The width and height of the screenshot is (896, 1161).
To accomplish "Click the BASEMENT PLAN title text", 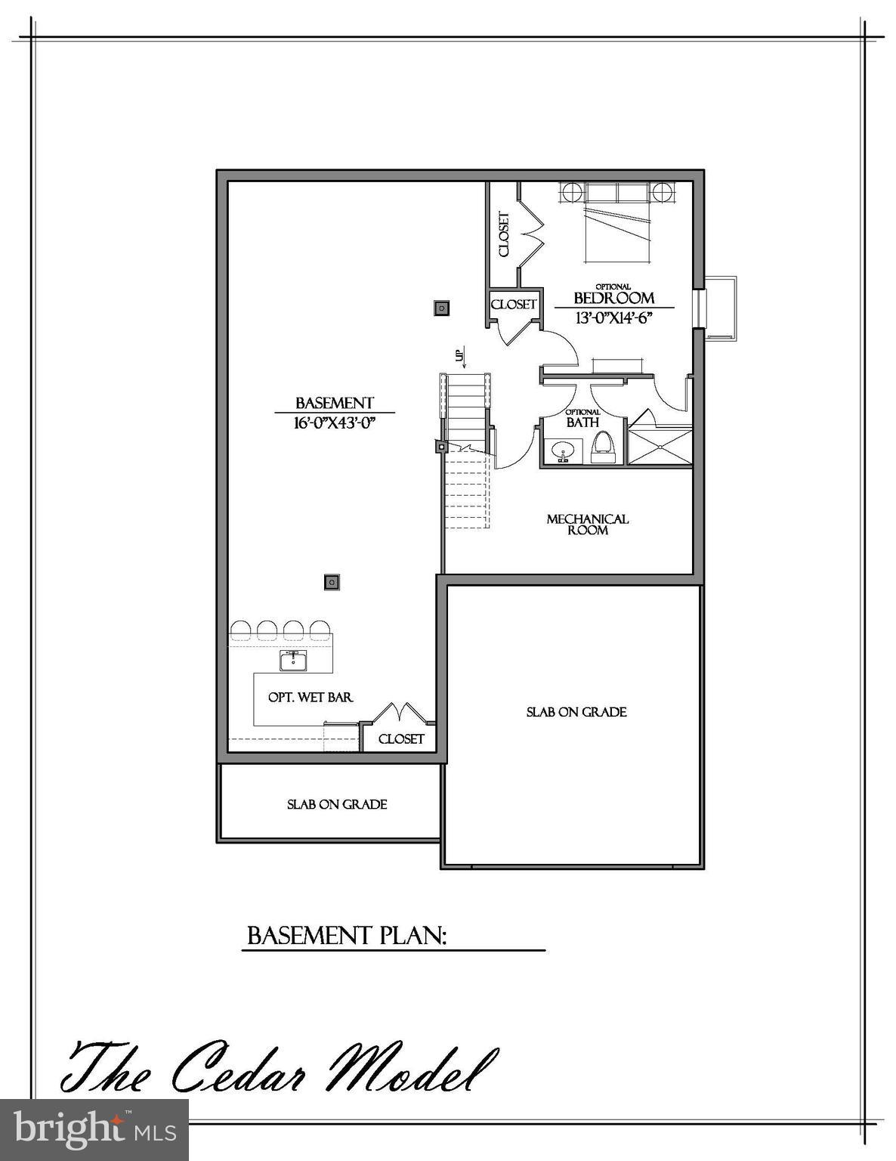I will (347, 936).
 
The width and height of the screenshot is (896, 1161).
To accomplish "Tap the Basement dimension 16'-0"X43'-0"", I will (335, 423).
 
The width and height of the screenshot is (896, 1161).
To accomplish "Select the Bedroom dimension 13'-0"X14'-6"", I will (613, 318).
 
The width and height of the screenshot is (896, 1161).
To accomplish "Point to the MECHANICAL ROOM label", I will (588, 525).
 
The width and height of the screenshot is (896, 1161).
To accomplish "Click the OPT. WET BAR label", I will (311, 697).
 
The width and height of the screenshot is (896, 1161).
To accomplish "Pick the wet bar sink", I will (293, 661).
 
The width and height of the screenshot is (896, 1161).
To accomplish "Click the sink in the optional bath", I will (561, 452).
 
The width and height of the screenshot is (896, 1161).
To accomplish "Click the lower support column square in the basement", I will (331, 582).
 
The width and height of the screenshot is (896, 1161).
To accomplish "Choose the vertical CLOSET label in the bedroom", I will (504, 234).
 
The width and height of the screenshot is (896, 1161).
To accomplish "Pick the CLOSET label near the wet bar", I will (401, 738).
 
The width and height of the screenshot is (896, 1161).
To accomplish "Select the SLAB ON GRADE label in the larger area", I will (576, 712).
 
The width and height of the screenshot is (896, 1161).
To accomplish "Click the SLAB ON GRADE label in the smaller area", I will (337, 804).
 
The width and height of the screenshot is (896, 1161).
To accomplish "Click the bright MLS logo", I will (94, 1130).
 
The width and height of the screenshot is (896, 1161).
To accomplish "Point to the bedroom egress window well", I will (720, 308).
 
